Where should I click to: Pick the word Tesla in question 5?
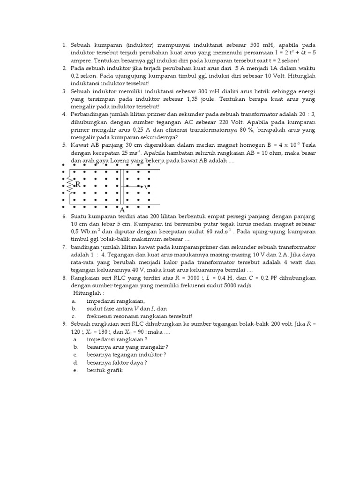pos(306,145)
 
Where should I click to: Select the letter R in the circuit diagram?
pos(78,185)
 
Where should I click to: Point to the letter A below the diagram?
pos(122,210)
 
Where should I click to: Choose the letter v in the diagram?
pos(147,187)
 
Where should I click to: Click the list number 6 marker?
pos(64,217)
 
